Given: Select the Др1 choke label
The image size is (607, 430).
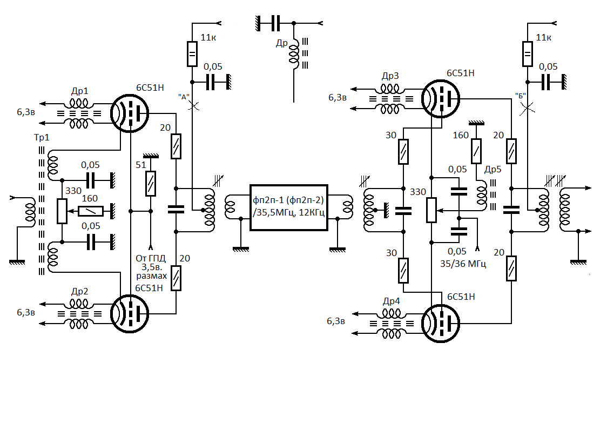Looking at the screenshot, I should click(79, 91).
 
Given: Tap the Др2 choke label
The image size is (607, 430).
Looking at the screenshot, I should click(79, 291).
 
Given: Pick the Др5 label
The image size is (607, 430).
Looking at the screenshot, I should click(493, 169).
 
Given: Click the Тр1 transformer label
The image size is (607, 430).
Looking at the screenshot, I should click(41, 138).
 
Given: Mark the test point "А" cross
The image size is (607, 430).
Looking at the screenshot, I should click(193, 106).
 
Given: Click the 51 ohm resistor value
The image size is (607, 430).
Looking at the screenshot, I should click(140, 165).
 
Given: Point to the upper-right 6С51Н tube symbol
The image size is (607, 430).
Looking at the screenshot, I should click(440, 99).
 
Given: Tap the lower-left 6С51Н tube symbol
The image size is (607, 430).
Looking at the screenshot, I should click(130, 313).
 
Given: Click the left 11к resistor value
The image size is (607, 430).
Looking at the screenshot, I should click(209, 37).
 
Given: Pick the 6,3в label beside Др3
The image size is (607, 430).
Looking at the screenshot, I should click(339, 97).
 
